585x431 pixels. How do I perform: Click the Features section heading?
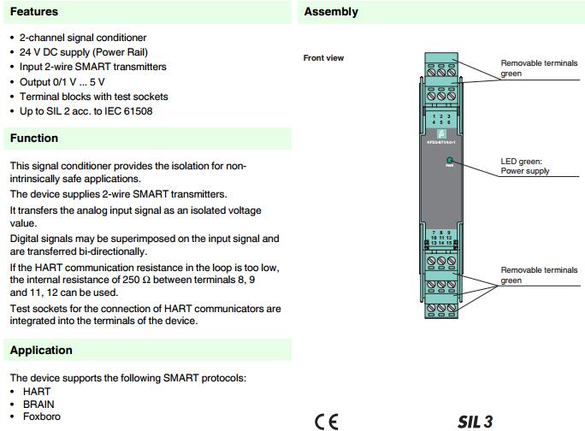34,12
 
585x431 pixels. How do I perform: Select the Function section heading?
34,138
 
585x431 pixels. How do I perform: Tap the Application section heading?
41,350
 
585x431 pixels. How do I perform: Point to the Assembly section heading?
331,12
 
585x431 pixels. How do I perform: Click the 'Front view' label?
323,58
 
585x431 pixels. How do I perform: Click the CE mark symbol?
326,421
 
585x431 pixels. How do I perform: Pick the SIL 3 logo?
475,421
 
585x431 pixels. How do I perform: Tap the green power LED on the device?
450,160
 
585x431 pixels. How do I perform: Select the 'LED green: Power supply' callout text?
525,166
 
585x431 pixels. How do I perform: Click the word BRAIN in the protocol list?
38,404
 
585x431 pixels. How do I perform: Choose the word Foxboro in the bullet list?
42,416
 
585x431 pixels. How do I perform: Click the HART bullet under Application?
37,391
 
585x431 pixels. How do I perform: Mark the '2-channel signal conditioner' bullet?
83,38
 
